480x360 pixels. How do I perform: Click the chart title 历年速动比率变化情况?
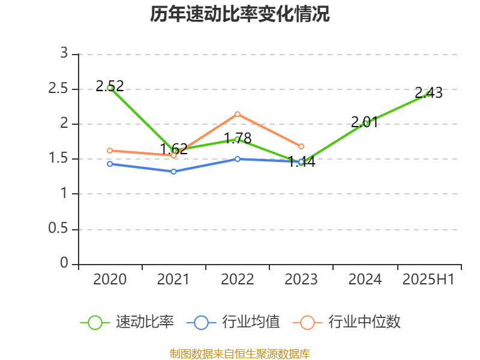240,14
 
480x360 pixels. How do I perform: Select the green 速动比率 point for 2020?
110,88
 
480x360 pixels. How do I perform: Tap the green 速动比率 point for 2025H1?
428,94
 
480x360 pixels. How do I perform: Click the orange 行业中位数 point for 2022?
238,114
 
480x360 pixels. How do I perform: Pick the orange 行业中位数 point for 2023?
301,146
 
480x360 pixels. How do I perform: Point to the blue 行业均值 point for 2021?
173,172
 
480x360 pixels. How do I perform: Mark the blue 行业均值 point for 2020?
110,164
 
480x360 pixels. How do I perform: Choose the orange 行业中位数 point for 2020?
110,151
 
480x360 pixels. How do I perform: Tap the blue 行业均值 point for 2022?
238,159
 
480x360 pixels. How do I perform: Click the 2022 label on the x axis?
238,280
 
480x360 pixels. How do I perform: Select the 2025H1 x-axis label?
428,280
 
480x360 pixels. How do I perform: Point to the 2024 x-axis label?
365,280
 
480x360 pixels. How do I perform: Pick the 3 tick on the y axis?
64,54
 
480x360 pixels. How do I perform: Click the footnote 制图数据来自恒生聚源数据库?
240,353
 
